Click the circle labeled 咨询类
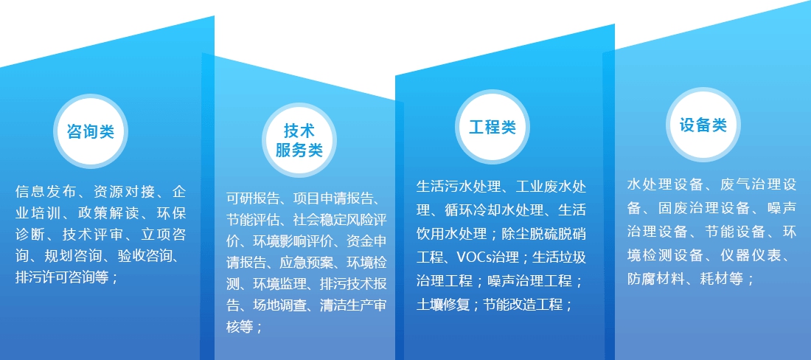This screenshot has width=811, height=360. (x=91, y=131)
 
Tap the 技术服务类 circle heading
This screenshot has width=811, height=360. (x=299, y=140)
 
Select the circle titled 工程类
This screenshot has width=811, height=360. (x=492, y=127)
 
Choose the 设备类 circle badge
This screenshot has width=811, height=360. (x=703, y=125)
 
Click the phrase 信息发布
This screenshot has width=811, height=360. (x=46, y=193)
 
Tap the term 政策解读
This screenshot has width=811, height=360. (x=108, y=214)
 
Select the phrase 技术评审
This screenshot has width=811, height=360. (x=93, y=235)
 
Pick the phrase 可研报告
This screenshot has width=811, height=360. (x=253, y=198)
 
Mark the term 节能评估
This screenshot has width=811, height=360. (x=253, y=221)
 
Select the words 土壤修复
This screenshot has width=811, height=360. (x=443, y=305)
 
